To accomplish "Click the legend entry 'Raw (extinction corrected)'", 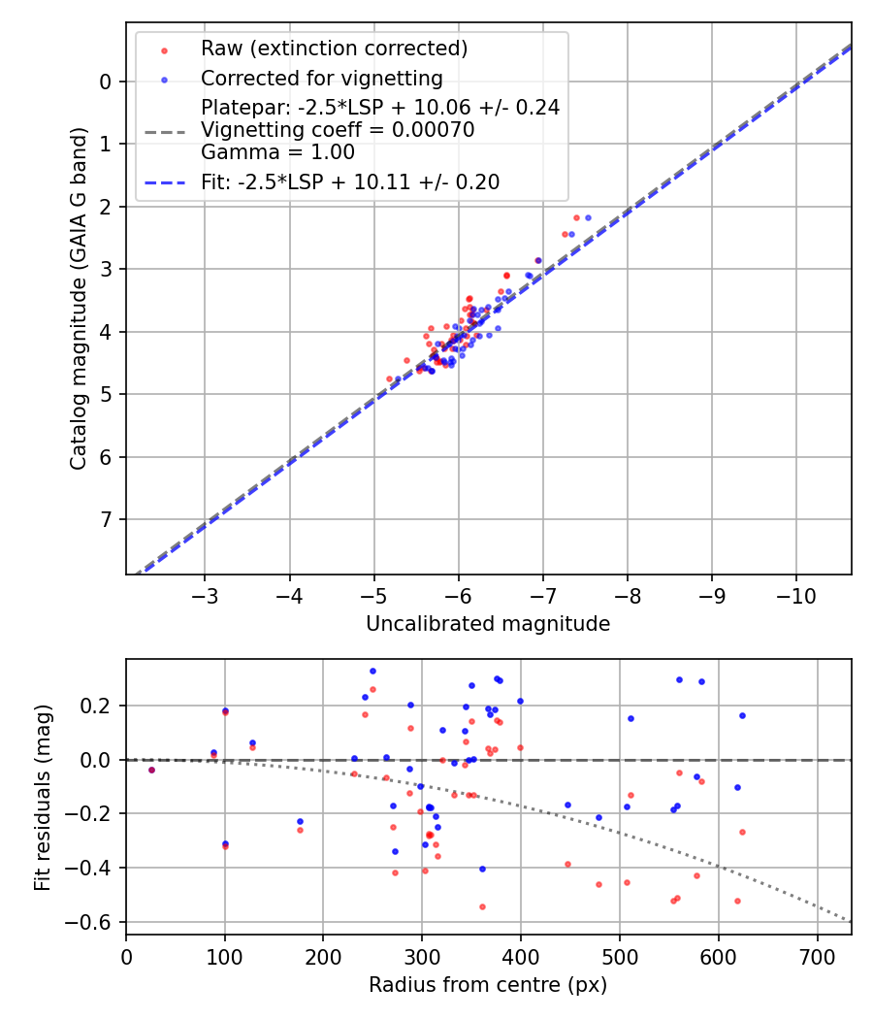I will (x=334, y=49).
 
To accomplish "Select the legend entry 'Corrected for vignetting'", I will (x=321, y=78).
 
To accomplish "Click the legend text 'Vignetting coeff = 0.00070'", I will (x=338, y=130).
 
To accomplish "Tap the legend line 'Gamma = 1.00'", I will (x=277, y=152).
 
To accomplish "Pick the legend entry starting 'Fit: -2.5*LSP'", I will (x=350, y=181).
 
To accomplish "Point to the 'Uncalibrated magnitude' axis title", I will (x=488, y=624).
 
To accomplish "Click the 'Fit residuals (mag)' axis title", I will (x=41, y=797).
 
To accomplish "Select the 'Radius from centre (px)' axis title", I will (x=488, y=985).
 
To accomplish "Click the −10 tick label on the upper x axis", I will (x=796, y=594).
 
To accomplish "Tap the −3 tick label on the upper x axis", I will (x=204, y=594).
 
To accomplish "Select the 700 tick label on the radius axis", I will (x=817, y=957).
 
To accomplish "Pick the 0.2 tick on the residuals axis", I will (x=101, y=706).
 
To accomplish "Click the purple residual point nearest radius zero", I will (x=151, y=770).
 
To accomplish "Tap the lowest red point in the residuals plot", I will (x=482, y=906).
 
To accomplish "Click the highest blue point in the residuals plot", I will (x=372, y=671).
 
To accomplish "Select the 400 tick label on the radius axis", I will (x=521, y=957).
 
